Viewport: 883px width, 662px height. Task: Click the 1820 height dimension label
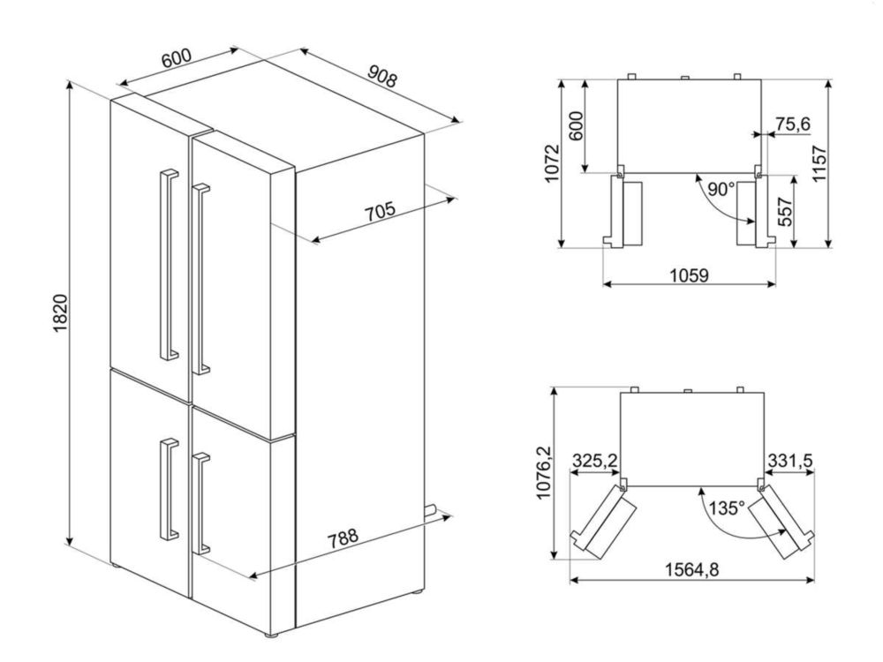[60, 312]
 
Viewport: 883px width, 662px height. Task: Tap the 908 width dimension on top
[383, 76]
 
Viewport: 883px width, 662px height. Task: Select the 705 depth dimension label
[380, 212]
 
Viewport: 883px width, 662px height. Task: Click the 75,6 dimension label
[792, 124]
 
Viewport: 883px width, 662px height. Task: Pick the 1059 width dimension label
[689, 275]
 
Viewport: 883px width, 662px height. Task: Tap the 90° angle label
[721, 189]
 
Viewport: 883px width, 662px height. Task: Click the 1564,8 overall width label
[692, 569]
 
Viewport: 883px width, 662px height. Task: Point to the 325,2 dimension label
[594, 461]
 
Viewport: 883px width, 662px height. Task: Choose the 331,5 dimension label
[789, 461]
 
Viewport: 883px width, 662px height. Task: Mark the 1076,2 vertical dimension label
[543, 472]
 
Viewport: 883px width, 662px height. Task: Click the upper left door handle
[169, 263]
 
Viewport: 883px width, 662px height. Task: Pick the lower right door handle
[200, 503]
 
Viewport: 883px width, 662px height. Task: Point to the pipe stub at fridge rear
[431, 509]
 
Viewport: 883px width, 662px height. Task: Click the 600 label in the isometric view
[177, 58]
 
